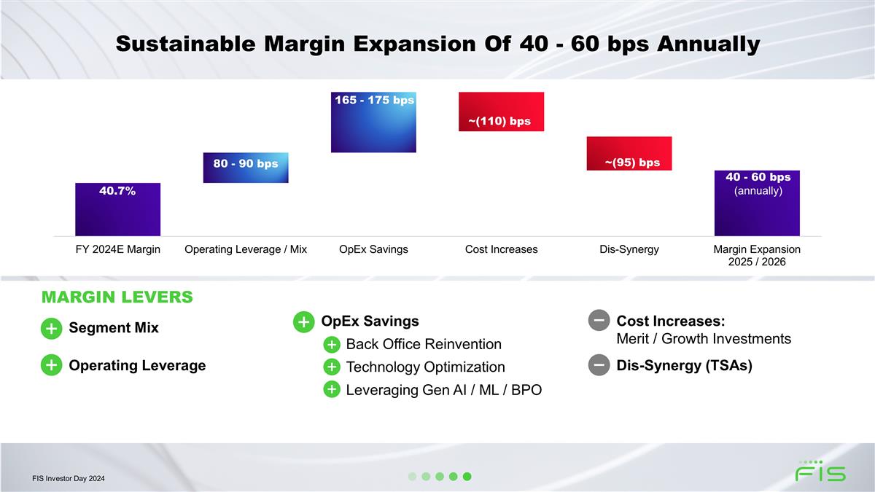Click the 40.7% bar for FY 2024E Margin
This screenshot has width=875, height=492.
(117, 209)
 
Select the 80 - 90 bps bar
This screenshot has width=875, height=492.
(246, 168)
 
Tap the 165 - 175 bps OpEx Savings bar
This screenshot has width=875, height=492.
(373, 122)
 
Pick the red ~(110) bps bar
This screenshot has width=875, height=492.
(501, 112)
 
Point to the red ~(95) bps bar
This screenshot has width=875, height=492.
(629, 154)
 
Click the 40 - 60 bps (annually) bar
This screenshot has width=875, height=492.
(757, 203)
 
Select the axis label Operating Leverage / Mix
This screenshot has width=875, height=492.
(246, 249)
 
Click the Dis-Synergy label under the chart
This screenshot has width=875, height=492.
(629, 249)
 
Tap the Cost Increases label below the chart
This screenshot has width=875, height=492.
(501, 249)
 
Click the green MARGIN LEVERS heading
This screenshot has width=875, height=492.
(117, 297)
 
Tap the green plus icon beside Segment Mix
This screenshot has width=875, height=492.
(52, 329)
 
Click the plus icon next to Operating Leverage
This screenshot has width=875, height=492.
(52, 365)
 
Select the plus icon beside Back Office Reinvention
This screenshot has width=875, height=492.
(332, 344)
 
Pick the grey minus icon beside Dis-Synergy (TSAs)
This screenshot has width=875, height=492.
(599, 365)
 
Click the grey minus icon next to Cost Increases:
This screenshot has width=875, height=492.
(599, 320)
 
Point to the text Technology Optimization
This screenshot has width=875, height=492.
(425, 367)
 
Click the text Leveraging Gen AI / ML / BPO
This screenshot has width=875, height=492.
(444, 390)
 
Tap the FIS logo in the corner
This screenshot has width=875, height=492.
(820, 471)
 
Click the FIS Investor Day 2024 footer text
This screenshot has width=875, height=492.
(69, 478)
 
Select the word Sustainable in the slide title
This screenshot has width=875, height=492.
(185, 43)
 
